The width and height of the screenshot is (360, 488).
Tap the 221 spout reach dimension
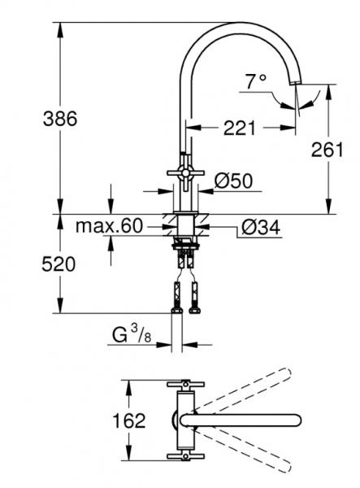[x=241, y=127]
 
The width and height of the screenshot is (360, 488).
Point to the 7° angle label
[x=256, y=81]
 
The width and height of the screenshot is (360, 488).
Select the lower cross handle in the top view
[x=184, y=458]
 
